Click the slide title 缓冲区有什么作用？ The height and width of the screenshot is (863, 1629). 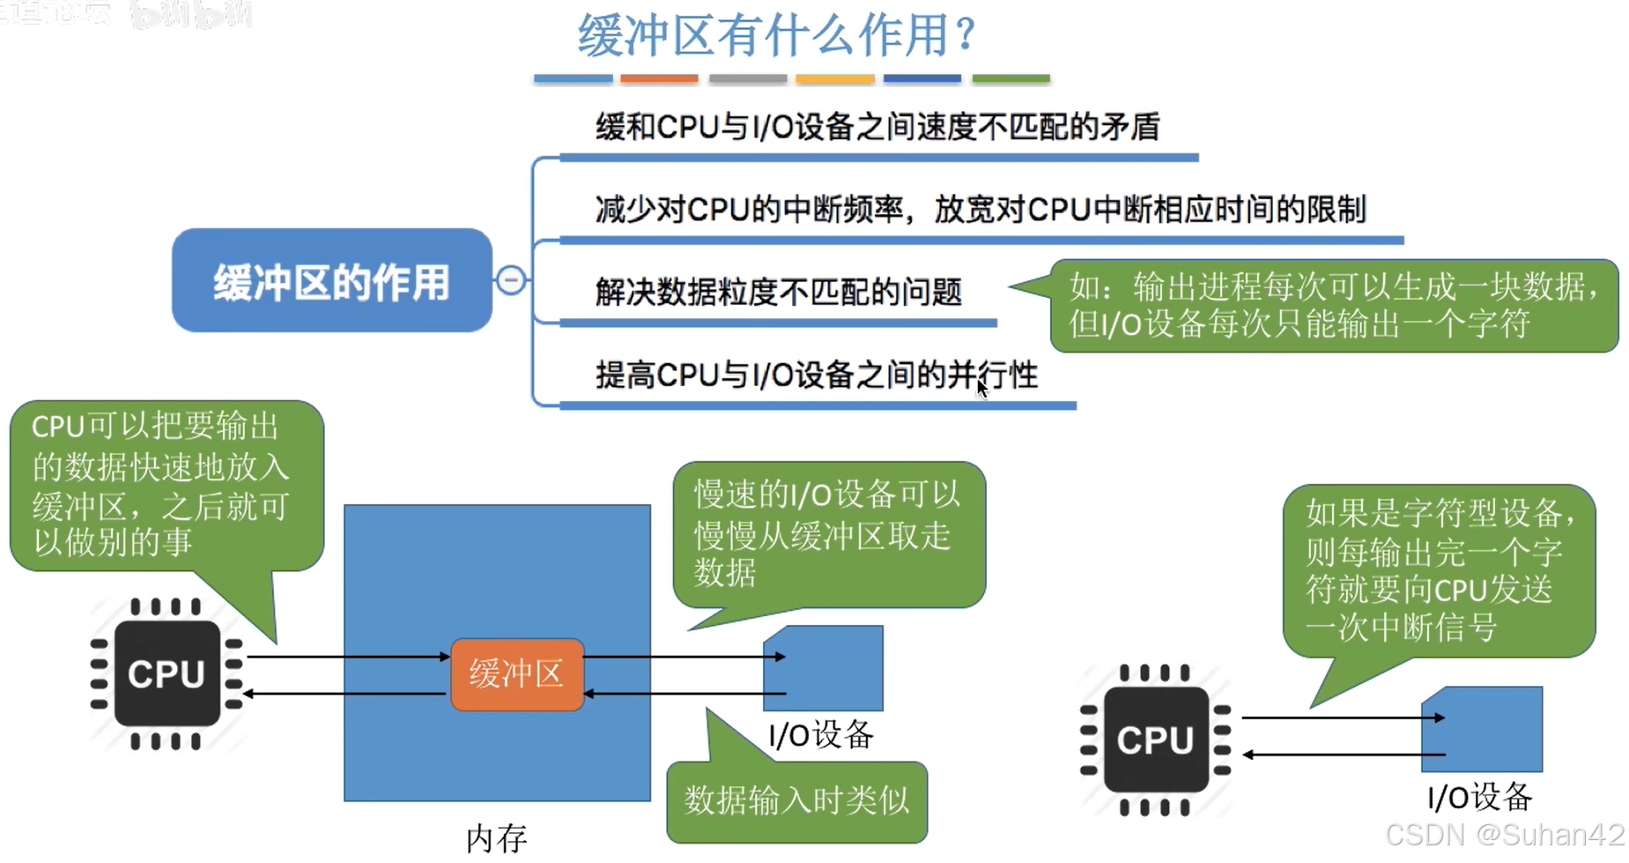point(776,35)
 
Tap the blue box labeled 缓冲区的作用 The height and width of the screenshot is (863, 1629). point(331,281)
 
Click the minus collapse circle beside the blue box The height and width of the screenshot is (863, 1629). point(511,280)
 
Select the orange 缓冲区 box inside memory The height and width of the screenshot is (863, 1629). point(516,674)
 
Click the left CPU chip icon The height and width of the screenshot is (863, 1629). point(167,673)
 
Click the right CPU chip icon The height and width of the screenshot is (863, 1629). point(1155,740)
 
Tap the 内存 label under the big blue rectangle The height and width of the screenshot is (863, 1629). point(496,838)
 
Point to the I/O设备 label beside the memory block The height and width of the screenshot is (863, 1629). point(820,734)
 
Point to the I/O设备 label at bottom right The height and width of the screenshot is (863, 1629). point(1479,798)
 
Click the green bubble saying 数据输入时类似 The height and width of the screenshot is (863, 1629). point(796,801)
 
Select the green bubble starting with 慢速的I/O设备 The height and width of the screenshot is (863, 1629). point(827,534)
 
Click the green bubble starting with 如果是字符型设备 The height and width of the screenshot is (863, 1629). point(1438,569)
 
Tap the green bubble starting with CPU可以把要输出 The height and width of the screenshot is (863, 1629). point(166,485)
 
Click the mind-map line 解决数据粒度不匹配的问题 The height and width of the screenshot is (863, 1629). point(778,292)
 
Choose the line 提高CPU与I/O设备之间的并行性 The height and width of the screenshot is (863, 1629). point(816,376)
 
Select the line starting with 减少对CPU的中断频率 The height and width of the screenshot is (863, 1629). point(980,210)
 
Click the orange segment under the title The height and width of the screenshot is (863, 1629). point(658,79)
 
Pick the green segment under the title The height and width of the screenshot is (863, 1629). point(1011,79)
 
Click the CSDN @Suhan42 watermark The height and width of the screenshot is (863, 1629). point(1504,835)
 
